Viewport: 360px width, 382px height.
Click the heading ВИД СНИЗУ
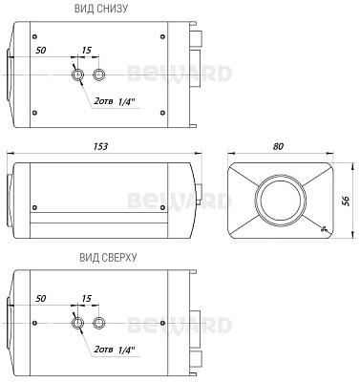point(101,9)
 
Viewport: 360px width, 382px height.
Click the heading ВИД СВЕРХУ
point(108,257)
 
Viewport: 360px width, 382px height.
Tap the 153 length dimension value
point(100,146)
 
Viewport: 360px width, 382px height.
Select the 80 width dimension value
point(278,146)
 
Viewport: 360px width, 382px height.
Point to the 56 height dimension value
point(346,201)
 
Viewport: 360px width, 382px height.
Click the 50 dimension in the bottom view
point(41,51)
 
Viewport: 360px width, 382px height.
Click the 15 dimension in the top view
point(87,299)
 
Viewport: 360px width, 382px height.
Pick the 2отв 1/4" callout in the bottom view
point(115,101)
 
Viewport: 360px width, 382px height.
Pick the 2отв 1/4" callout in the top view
point(115,350)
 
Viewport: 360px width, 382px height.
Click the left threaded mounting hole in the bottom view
point(77,74)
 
